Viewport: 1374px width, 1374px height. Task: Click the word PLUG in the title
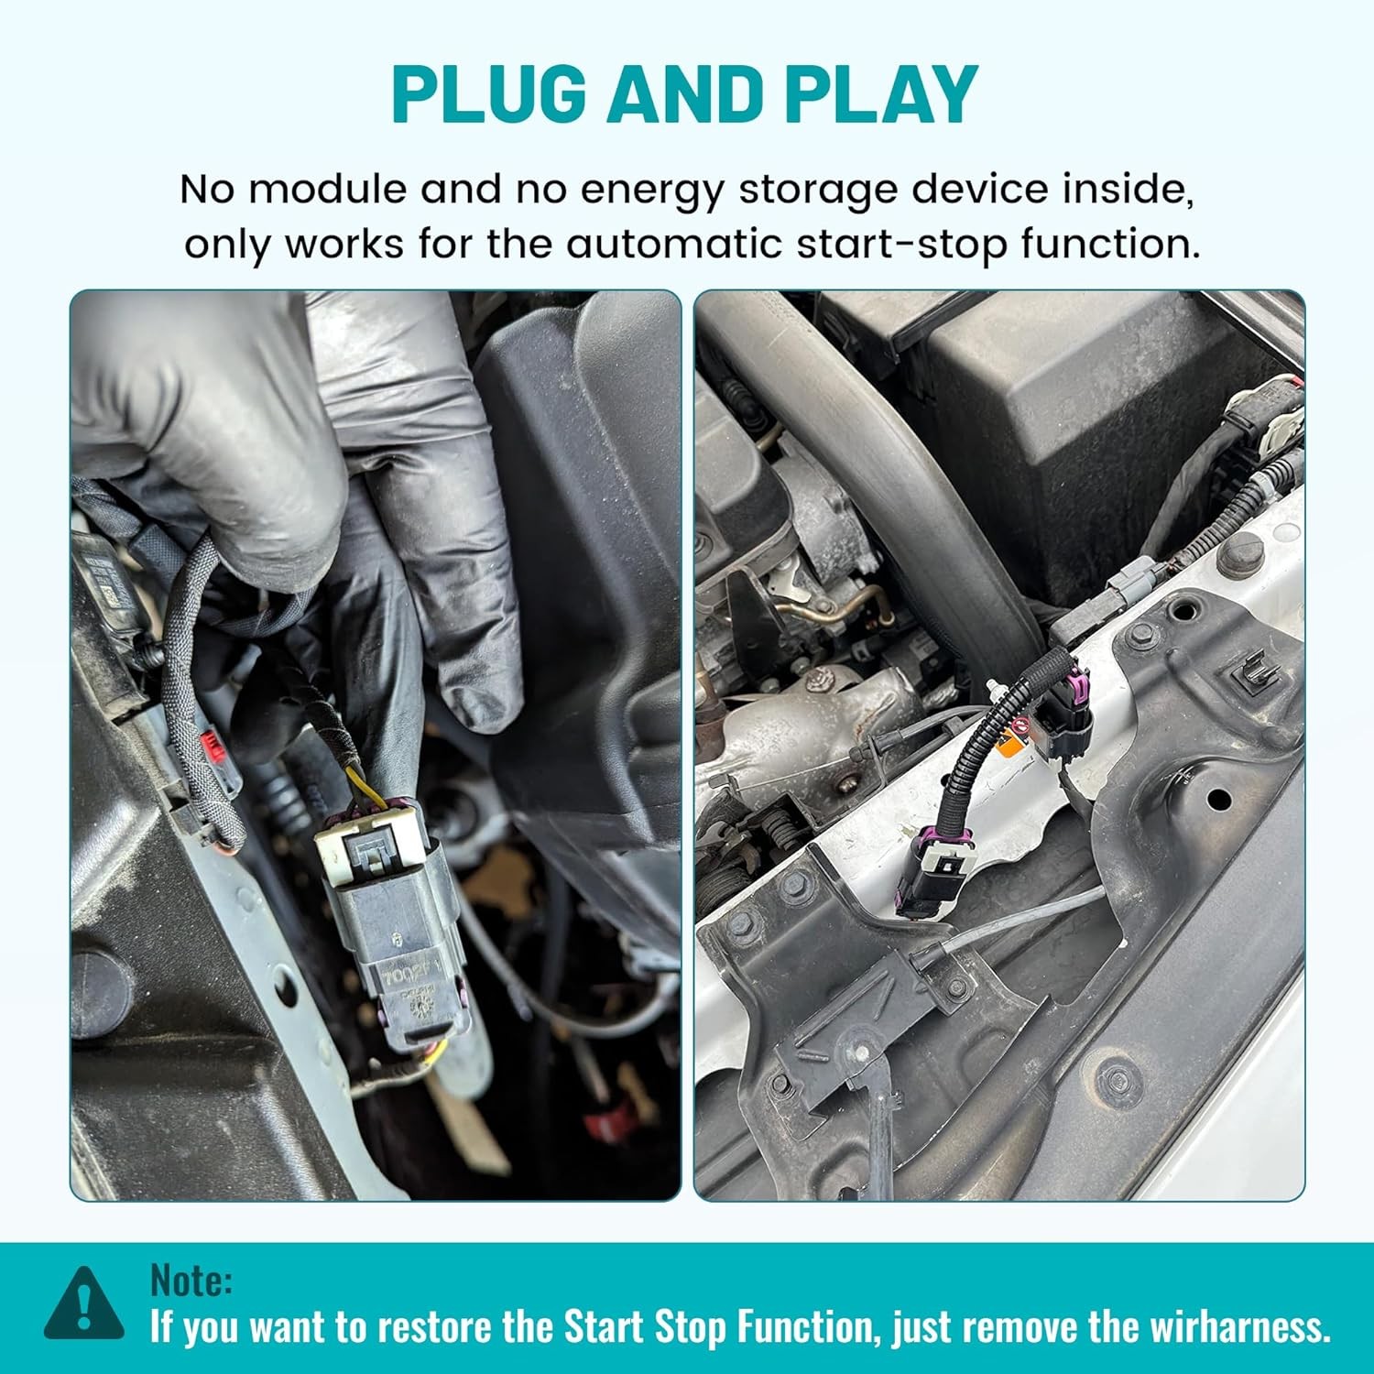click(x=489, y=94)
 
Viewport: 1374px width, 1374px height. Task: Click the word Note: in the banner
click(x=191, y=1280)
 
